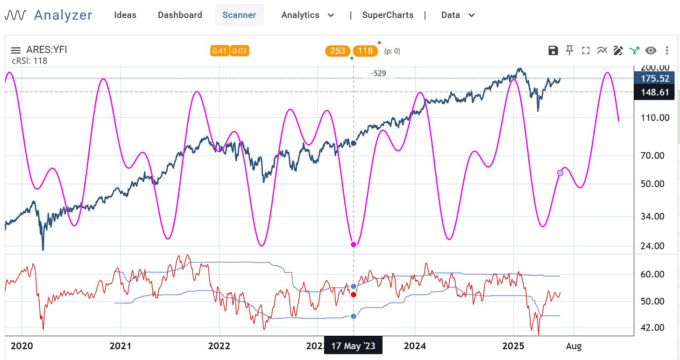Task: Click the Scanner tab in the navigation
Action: (239, 15)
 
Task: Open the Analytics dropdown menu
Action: (307, 15)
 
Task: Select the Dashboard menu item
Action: (180, 15)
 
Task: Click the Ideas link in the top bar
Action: (125, 15)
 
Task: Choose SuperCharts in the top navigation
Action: (388, 15)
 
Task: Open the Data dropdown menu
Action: (458, 15)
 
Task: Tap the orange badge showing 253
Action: (338, 51)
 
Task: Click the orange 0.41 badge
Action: (220, 51)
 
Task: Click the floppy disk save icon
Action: (553, 50)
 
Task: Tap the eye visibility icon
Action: (651, 50)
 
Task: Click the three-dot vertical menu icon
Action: (666, 50)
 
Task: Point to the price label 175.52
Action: (655, 78)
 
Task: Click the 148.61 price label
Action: (655, 92)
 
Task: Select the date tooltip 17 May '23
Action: (353, 346)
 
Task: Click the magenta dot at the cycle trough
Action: (354, 244)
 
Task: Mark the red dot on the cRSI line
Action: (354, 294)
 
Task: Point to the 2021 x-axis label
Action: (120, 346)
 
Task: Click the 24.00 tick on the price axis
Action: (654, 246)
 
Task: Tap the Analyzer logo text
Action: (63, 15)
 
